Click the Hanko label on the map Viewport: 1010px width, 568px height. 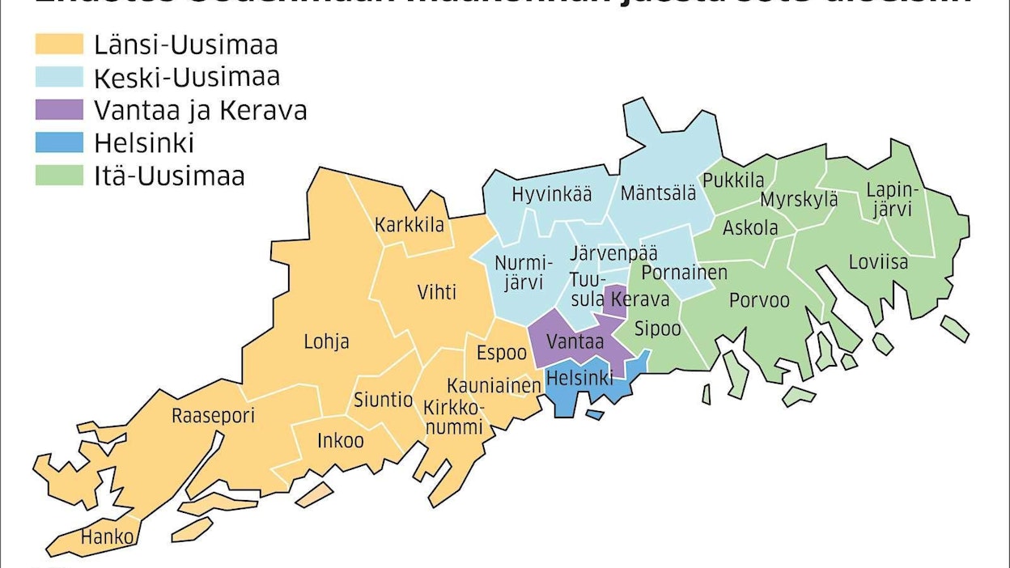point(107,536)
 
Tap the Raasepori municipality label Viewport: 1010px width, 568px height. point(213,417)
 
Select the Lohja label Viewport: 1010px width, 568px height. point(327,341)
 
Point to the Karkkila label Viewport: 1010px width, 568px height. point(410,225)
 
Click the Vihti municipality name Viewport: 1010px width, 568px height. point(436,291)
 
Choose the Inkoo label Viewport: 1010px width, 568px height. point(340,441)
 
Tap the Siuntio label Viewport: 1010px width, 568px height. point(384,399)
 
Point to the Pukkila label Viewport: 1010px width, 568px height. point(733,180)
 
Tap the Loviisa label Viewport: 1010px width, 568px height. point(878,262)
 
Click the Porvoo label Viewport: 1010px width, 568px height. point(759,300)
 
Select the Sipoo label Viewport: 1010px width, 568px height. point(658,329)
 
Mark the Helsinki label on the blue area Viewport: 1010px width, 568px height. point(579,376)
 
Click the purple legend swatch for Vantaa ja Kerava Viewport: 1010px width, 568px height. point(59,109)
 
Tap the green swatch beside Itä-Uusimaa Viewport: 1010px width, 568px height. point(59,176)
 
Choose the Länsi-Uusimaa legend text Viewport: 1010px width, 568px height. point(186,44)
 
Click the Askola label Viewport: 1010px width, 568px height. point(750,227)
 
